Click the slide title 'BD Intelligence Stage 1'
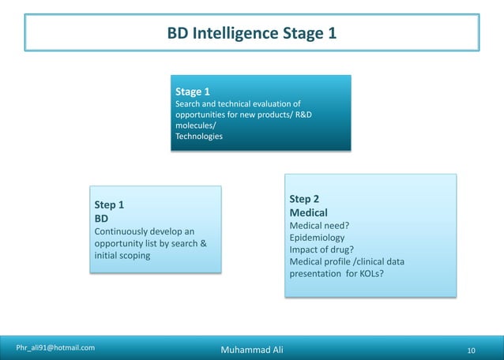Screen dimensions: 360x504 click(x=251, y=34)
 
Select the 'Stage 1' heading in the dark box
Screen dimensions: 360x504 click(x=192, y=92)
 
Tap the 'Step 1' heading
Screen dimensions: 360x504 click(x=109, y=204)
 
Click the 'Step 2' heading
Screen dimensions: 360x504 click(x=304, y=199)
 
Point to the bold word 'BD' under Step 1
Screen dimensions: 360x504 click(x=101, y=218)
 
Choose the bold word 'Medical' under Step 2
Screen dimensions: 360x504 click(x=308, y=213)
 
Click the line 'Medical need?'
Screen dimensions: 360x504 click(x=319, y=226)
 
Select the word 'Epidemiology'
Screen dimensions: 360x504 click(x=317, y=238)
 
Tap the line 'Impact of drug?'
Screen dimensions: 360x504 click(x=321, y=249)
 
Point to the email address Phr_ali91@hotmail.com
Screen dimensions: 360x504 click(x=56, y=347)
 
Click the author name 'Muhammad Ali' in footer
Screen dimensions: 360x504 click(x=251, y=349)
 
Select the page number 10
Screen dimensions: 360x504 click(x=472, y=350)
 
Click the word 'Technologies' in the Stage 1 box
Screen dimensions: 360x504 click(x=198, y=136)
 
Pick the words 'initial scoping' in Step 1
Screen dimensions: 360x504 click(x=122, y=256)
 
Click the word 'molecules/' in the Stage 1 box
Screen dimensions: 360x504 click(x=195, y=126)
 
